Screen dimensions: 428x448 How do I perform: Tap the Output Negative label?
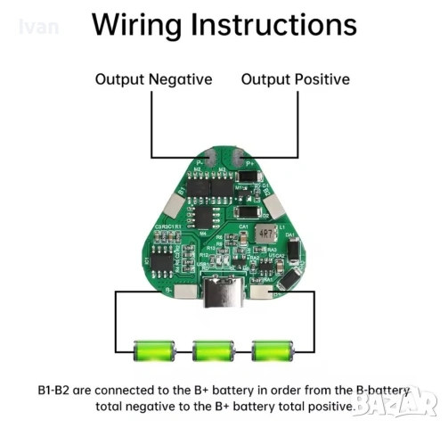(153, 79)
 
